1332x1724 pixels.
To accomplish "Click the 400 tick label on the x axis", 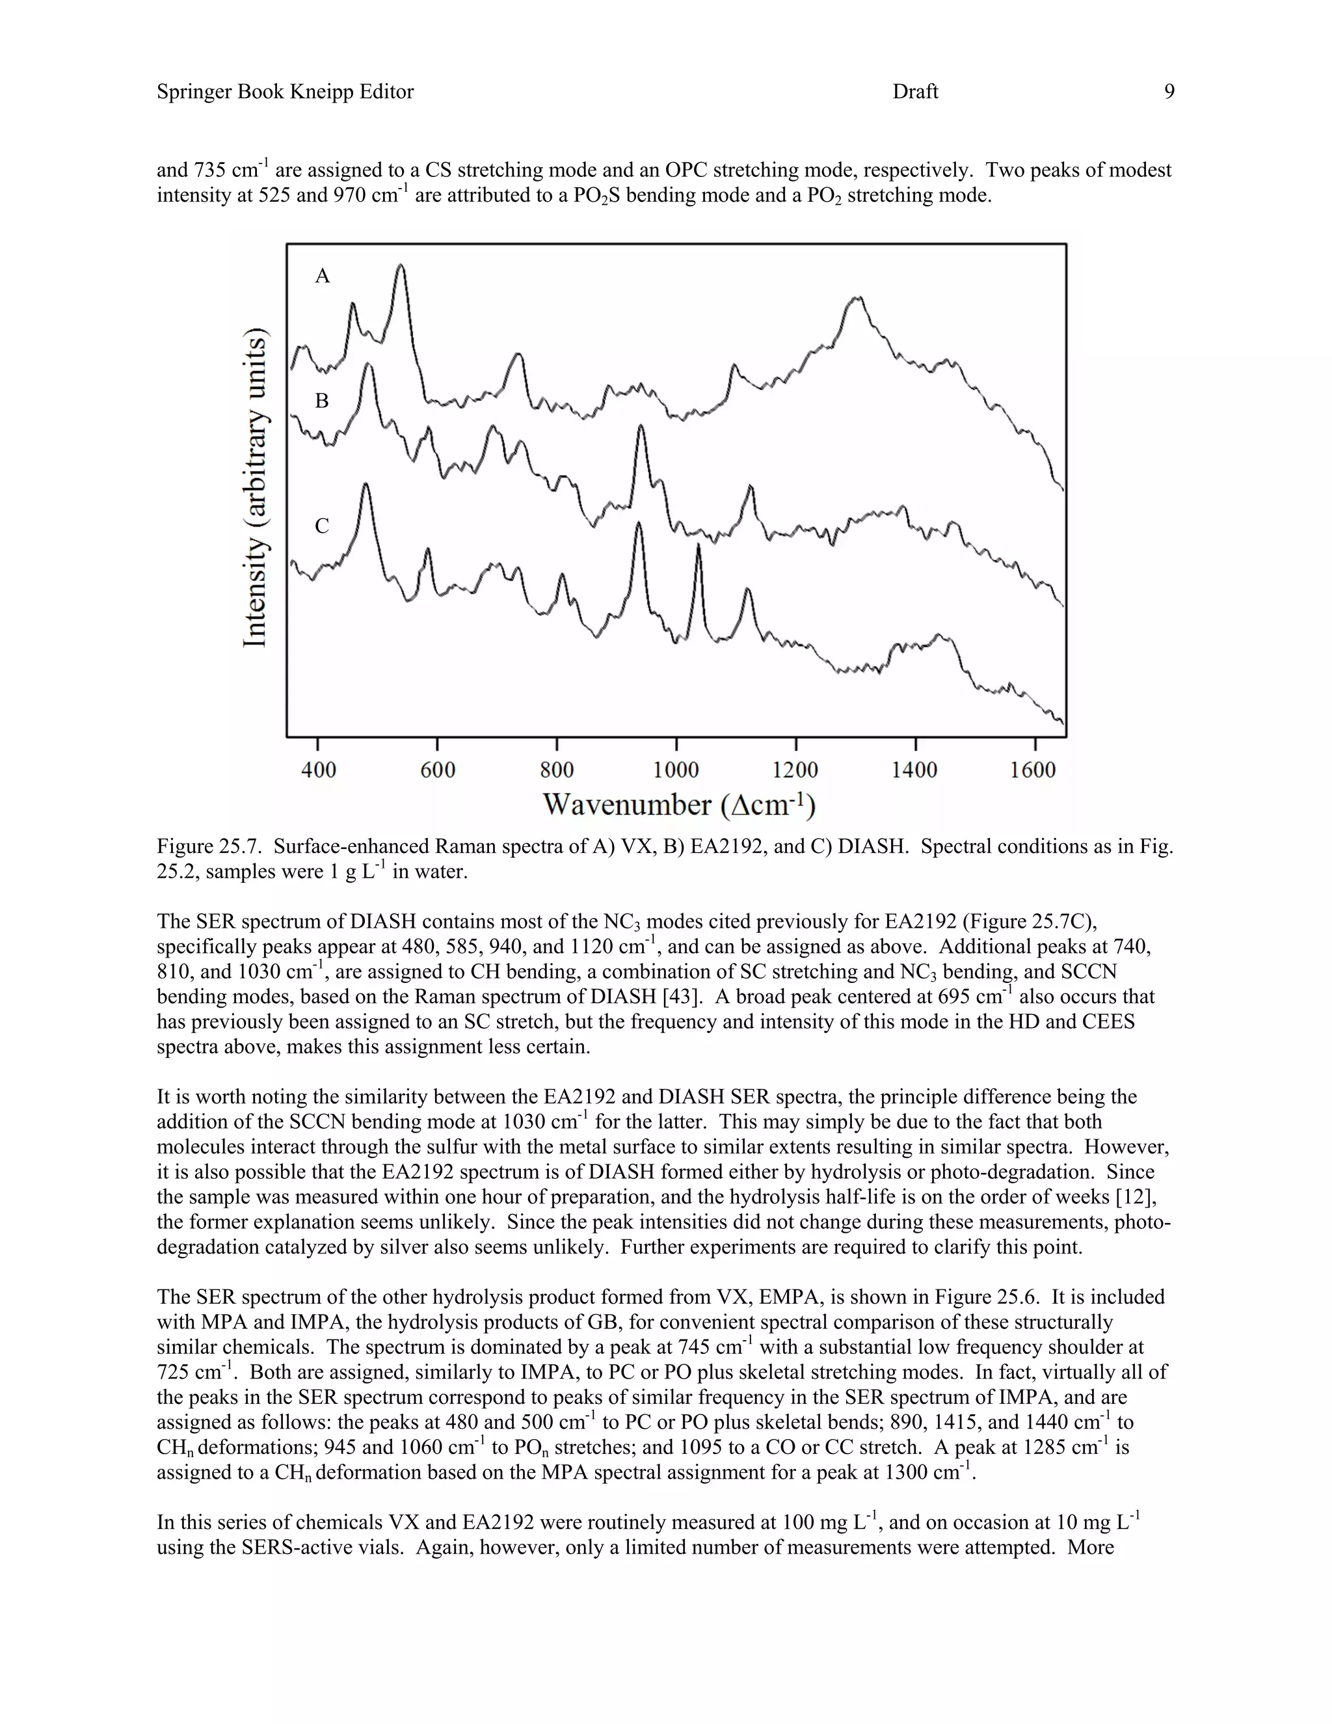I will [319, 770].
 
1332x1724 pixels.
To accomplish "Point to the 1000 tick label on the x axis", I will [676, 770].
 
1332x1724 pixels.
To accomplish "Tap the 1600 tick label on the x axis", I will [1033, 770].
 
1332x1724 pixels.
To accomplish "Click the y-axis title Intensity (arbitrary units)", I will [255, 487].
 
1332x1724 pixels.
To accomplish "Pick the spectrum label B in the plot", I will [322, 401].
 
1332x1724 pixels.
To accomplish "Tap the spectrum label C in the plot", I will [322, 526].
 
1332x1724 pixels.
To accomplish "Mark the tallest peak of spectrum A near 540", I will [401, 267].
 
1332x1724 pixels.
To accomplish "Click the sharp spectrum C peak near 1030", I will [699, 546].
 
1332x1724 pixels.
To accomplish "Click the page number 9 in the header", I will [1169, 92].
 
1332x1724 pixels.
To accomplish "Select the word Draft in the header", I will [915, 92].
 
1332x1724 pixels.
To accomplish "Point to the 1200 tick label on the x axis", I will [795, 770].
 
